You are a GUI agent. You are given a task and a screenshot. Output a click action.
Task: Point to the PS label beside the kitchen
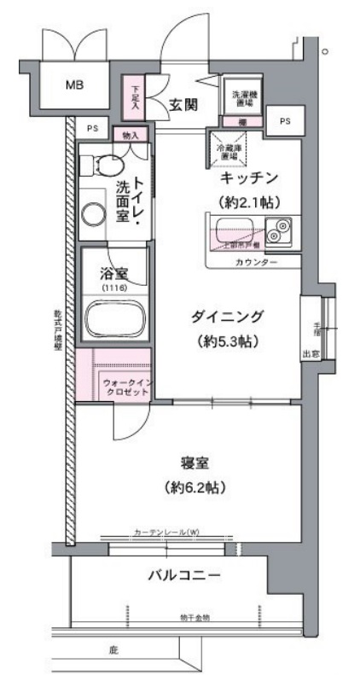click(283, 121)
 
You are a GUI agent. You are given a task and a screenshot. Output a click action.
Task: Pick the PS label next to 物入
click(92, 129)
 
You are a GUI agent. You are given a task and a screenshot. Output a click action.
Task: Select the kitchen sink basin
click(234, 230)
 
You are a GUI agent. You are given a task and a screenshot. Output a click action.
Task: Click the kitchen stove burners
click(278, 230)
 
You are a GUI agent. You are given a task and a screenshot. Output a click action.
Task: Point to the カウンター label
click(256, 261)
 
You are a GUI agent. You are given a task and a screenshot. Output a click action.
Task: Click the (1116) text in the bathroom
click(113, 288)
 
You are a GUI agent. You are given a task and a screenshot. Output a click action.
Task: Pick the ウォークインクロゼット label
click(126, 387)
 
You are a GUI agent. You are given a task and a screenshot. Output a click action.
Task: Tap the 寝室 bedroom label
click(195, 463)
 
